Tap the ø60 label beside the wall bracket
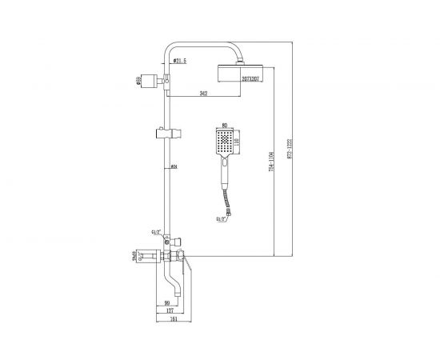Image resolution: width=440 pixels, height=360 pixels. (x=139, y=79)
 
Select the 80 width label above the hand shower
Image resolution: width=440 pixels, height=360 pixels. (x=224, y=125)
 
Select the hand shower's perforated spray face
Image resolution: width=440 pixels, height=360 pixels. (x=224, y=145)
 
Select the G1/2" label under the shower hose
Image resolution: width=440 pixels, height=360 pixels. (x=218, y=217)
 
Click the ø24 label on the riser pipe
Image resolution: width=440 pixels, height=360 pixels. (x=174, y=166)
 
